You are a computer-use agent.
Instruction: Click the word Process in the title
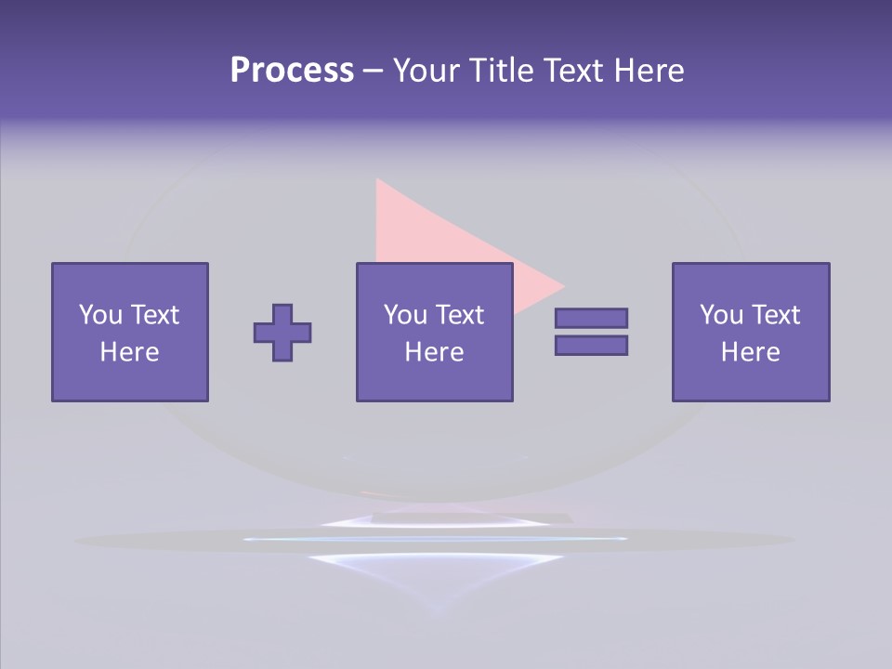click(x=292, y=71)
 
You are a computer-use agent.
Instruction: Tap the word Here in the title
click(x=648, y=71)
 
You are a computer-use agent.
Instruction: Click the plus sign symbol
click(x=282, y=333)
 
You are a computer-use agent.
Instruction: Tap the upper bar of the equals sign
click(x=591, y=318)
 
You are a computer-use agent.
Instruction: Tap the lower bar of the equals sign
click(x=591, y=345)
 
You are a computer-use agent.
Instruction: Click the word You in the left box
click(x=100, y=315)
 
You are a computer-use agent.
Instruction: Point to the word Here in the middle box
click(x=435, y=352)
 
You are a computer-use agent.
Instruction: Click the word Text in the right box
click(x=778, y=315)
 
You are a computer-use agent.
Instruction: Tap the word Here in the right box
click(x=751, y=352)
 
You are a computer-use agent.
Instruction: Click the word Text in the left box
click(x=156, y=315)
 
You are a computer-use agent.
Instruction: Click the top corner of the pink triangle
click(x=378, y=182)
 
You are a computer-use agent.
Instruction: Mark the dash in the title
click(x=373, y=71)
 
